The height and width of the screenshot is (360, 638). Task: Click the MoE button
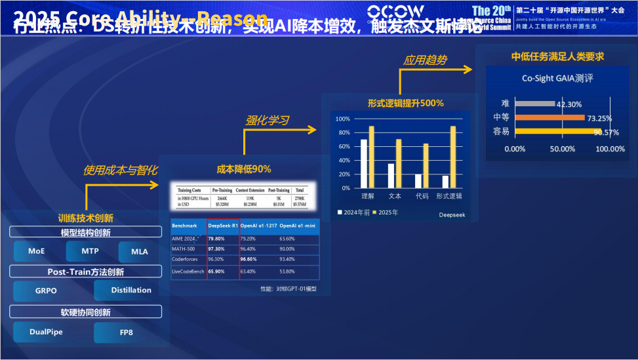tap(37, 251)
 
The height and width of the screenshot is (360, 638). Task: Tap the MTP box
tap(90, 251)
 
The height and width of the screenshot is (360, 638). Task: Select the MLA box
tap(140, 252)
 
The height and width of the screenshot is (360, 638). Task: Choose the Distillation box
tap(131, 290)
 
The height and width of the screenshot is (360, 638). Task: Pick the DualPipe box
tap(47, 332)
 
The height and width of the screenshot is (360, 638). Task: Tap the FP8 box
tap(126, 332)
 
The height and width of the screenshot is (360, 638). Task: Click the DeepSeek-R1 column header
tap(223, 226)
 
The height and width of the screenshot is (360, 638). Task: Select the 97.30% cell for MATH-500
tap(216, 249)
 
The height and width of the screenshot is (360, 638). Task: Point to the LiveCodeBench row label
tap(188, 271)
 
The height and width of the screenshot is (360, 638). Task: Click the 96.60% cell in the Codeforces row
tap(252, 260)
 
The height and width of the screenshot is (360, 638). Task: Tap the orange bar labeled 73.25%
tap(549, 118)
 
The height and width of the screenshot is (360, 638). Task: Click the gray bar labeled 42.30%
tap(534, 104)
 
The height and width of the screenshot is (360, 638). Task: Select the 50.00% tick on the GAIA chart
tap(562, 149)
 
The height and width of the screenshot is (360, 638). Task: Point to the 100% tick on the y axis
tap(343, 119)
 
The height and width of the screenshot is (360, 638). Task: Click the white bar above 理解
tap(364, 163)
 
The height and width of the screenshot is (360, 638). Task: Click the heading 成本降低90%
tap(244, 169)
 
